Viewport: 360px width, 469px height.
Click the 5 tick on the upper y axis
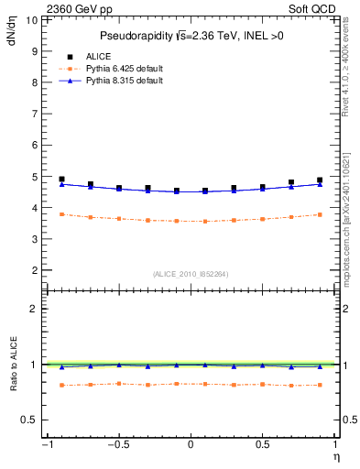[x=34, y=176]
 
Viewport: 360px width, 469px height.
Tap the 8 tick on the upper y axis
[x=34, y=82]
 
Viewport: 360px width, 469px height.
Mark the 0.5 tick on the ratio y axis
[x=29, y=420]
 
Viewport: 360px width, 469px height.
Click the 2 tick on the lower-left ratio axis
[x=34, y=309]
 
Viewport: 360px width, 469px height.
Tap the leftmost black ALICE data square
[x=61, y=180]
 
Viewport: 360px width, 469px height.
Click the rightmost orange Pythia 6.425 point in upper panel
[x=320, y=214]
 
